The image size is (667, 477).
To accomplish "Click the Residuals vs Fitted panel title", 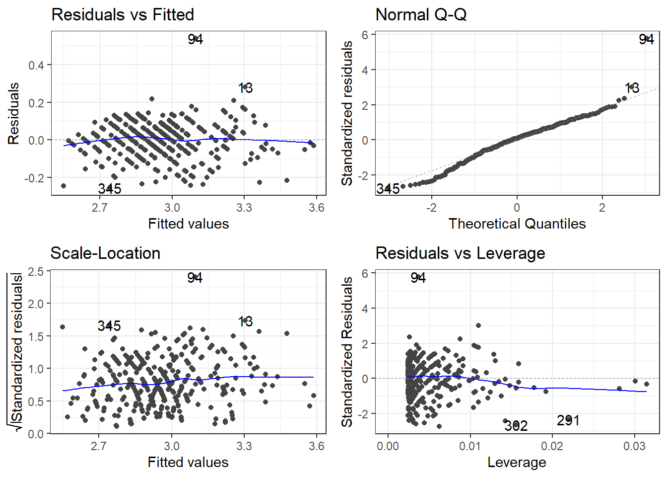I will coord(123,15).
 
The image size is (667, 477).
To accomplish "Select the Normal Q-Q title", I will coord(421,15).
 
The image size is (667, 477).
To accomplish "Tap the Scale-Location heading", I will coord(105,253).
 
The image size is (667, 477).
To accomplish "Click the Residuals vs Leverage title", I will coord(460,253).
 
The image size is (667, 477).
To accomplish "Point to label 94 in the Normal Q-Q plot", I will coord(646,39).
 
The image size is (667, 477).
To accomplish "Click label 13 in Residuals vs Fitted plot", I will coord(245,88).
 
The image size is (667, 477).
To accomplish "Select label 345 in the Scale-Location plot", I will coord(109,326).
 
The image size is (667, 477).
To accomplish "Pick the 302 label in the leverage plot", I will coord(516,426).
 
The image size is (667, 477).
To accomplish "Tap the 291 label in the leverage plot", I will coord(568,421).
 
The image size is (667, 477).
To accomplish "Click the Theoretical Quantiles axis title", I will coord(517,224).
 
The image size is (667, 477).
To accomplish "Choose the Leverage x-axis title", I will coord(517,463).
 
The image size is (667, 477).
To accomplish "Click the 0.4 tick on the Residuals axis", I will coord(36,66).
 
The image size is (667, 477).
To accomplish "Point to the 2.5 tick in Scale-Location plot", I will coord(36,271).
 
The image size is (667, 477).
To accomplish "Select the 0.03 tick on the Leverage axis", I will coord(634,446).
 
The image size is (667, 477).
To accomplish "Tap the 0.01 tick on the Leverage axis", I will coord(469,446).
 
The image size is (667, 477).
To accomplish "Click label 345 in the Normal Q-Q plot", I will coord(388,189).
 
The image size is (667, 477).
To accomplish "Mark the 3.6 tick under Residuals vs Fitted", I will coord(316,208).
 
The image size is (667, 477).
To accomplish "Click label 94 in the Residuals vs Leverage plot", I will coord(418,278).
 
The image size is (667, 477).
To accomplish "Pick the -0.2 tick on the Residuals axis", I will coord(34,178).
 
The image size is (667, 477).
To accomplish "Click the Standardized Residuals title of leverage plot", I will coord(347,352).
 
